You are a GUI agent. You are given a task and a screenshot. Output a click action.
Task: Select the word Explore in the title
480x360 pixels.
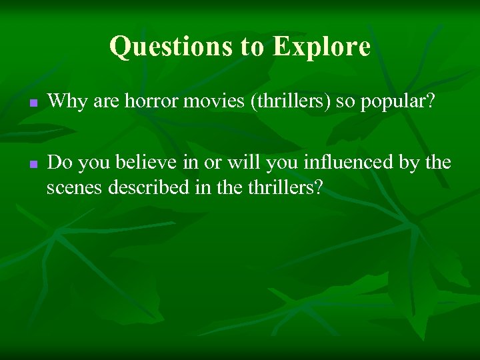click(x=321, y=47)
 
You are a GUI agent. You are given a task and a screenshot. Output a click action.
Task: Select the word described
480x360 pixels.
click(x=145, y=187)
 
